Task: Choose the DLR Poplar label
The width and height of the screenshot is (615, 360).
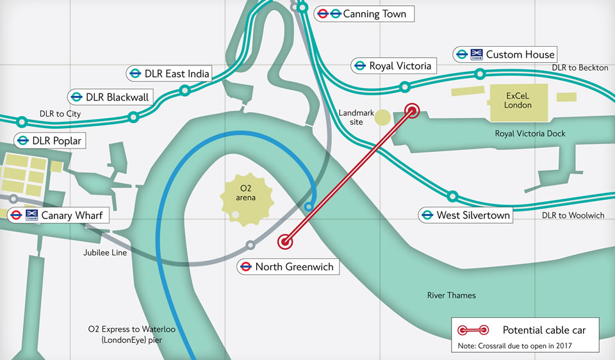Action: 50,140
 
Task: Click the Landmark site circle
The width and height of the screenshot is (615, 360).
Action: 382,117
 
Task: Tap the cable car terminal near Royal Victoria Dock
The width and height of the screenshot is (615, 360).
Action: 412,111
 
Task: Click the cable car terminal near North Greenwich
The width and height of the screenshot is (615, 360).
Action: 285,241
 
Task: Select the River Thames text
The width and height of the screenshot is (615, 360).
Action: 452,295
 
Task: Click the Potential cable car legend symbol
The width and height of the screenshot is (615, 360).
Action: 473,331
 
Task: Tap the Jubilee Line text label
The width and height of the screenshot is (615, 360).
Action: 105,253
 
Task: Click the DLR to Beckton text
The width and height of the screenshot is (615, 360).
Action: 580,68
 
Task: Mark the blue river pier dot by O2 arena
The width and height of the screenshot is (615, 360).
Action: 309,206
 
